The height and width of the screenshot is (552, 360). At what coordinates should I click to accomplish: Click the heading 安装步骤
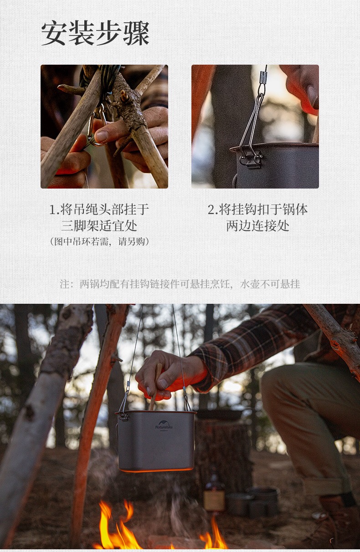click(95, 34)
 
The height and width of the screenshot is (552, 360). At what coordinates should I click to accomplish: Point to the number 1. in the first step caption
click(54, 210)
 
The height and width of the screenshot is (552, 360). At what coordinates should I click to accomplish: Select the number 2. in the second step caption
click(213, 210)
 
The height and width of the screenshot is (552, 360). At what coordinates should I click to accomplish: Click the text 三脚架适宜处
click(99, 226)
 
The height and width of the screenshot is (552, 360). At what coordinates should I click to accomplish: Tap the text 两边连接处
click(257, 226)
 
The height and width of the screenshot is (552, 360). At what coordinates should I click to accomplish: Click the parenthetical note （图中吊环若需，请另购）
click(99, 241)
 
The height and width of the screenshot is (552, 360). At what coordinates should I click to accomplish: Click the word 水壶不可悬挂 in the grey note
click(270, 284)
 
